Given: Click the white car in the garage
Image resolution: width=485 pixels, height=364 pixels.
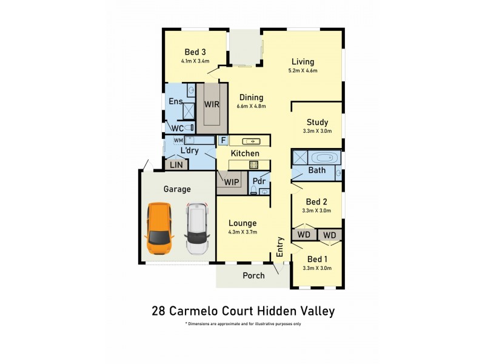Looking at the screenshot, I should coord(197,229).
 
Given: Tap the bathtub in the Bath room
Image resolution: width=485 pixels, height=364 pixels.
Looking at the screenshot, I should coord(324,158).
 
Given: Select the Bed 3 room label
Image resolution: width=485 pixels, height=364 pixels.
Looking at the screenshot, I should coord(195,52).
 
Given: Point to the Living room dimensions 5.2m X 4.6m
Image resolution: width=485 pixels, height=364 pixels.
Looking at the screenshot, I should coord(303,71).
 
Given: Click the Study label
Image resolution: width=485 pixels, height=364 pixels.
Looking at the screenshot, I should coord(317,122).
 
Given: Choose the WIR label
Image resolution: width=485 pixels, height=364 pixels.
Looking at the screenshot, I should coord(212,104).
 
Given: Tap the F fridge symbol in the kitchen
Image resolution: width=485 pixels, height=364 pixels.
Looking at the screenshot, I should coord(222,140).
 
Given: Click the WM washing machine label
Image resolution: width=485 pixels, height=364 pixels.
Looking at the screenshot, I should coord(178,140).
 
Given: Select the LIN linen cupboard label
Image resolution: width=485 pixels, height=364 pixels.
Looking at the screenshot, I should coord(176,164).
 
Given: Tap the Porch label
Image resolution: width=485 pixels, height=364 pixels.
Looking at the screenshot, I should coord(253,275).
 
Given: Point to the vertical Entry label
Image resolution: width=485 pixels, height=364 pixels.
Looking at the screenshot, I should coord(280,248).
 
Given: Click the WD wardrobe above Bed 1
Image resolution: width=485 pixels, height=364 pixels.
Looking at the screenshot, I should coord(329,235).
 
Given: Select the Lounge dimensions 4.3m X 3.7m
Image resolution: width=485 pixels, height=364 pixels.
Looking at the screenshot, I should coord(242,232).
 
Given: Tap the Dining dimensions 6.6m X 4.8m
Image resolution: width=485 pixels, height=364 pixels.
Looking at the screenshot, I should coord(251,106).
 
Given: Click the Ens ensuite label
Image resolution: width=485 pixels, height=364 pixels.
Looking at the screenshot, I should coord(176,101).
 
